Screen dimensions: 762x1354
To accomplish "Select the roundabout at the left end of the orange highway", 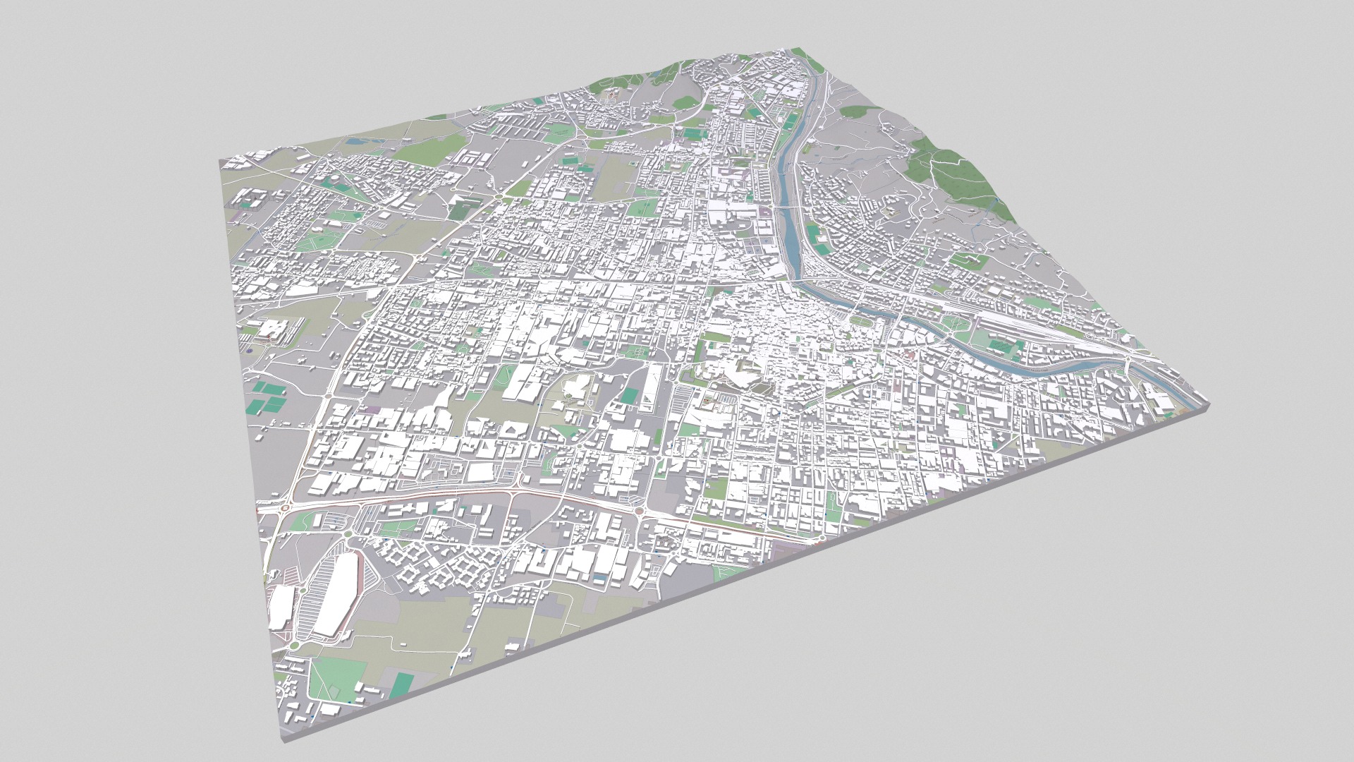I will click(286, 507).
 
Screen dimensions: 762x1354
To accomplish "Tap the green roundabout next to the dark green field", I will click(498, 198).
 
